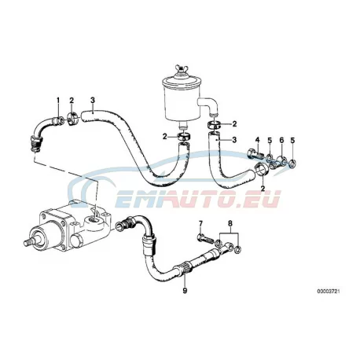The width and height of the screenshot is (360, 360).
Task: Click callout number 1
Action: click(58, 100)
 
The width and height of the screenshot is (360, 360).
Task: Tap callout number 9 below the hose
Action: click(185, 290)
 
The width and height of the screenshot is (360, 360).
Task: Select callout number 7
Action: click(200, 223)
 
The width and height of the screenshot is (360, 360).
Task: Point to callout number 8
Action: click(230, 223)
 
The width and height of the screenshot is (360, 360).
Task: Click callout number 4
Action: click(258, 140)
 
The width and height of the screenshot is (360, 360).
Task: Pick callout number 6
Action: click(281, 140)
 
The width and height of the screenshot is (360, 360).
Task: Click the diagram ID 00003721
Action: click(329, 291)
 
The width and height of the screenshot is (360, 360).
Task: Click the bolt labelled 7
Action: click(205, 238)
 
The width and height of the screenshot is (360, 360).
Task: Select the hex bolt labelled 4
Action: click(255, 154)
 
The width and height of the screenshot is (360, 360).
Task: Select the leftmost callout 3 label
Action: click(93, 100)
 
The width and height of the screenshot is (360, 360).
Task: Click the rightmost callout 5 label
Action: click(292, 140)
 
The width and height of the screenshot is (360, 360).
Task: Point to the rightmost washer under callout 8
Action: click(238, 249)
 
